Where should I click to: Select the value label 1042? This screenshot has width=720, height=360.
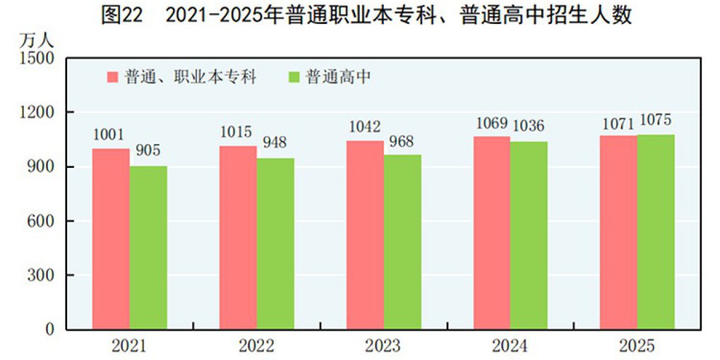point(365,127)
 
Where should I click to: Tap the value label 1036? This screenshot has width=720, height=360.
point(528,125)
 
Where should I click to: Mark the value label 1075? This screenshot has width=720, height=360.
point(655,119)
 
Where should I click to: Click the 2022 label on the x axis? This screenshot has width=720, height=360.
point(256,346)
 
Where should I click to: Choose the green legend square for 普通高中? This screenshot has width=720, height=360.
point(294,77)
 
